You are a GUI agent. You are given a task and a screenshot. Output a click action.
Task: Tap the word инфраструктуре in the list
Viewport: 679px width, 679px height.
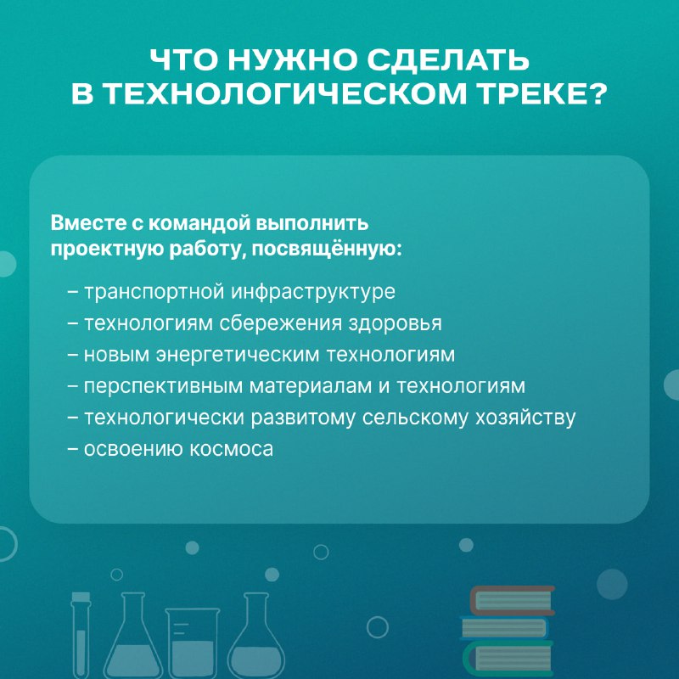pos(312,292)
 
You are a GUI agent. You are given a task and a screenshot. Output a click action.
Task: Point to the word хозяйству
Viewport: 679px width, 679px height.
pos(525,418)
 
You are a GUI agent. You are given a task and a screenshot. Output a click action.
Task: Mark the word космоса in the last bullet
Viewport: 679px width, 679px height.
pos(232,450)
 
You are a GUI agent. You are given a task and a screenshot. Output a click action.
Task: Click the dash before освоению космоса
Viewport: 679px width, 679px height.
pos(73,450)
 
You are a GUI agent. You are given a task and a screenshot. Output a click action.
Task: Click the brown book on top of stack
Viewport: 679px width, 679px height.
pos(513,600)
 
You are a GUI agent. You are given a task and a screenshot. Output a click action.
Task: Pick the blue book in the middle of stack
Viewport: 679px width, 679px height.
pos(504,627)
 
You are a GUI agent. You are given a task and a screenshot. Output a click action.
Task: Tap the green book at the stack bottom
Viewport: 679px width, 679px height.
pos(508,659)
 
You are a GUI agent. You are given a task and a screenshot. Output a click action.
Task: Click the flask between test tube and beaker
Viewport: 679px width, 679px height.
pos(133,636)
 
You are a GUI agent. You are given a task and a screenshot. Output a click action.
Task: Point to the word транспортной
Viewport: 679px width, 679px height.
pos(154,292)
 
